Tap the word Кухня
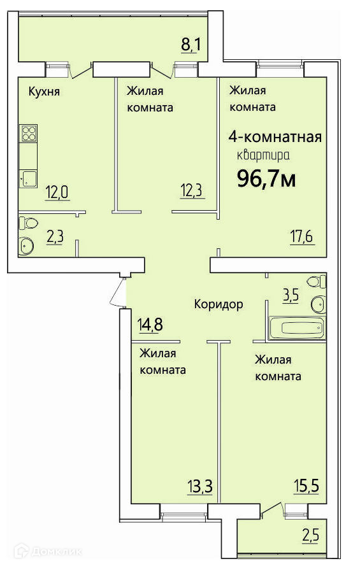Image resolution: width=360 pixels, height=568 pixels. click(44, 91)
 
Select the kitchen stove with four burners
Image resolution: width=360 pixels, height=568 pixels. click(29, 133)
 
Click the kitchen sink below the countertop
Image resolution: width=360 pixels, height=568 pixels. click(28, 179)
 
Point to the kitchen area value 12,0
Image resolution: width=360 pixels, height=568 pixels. click(57, 192)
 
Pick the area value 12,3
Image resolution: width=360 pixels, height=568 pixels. click(192, 190)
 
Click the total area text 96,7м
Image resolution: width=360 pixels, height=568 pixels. click(266, 178)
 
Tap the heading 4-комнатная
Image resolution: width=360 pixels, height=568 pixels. click(275, 136)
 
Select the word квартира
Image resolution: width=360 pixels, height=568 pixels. click(263, 155)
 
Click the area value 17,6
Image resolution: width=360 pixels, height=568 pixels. click(302, 238)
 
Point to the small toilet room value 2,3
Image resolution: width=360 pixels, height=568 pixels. click(55, 237)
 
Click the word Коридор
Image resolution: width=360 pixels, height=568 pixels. click(219, 304)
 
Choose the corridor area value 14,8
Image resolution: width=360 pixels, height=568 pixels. click(150, 324)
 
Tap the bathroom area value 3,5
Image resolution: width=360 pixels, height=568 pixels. click(291, 295)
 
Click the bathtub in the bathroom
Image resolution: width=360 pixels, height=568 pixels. click(297, 329)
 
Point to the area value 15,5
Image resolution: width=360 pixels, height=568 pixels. click(307, 485)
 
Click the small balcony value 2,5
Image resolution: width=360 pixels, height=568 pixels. click(311, 536)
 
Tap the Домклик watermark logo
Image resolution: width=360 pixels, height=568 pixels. click(48, 551)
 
